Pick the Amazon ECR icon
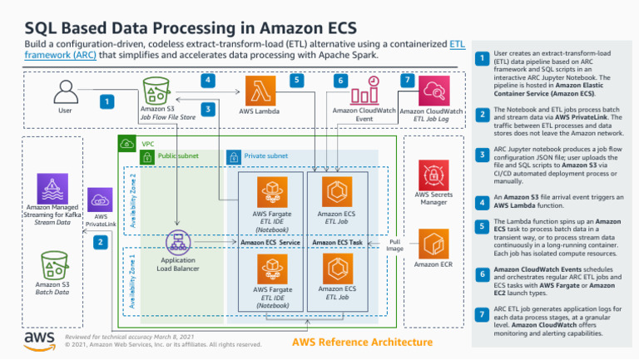click(433, 244)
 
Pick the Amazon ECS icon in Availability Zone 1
click(337, 268)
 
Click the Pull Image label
click(394, 245)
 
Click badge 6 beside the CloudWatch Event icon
click(340, 81)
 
